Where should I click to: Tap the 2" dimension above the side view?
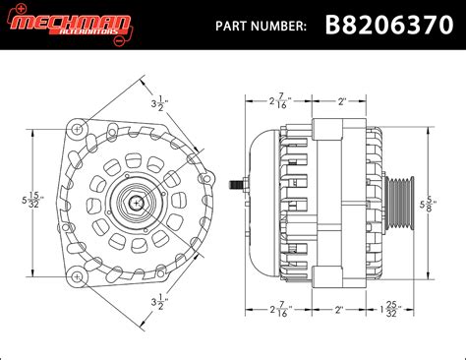[341, 99]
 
